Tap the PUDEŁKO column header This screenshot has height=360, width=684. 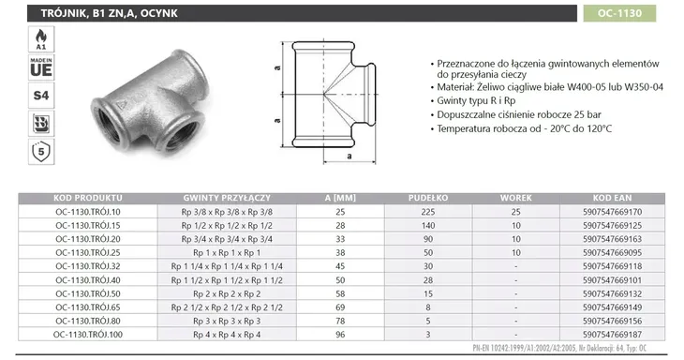(427, 198)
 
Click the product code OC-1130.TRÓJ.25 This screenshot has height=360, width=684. (89, 252)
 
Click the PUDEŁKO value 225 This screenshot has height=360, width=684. (427, 212)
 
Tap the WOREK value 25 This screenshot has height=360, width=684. (514, 212)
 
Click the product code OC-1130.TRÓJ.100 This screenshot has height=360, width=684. (89, 334)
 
